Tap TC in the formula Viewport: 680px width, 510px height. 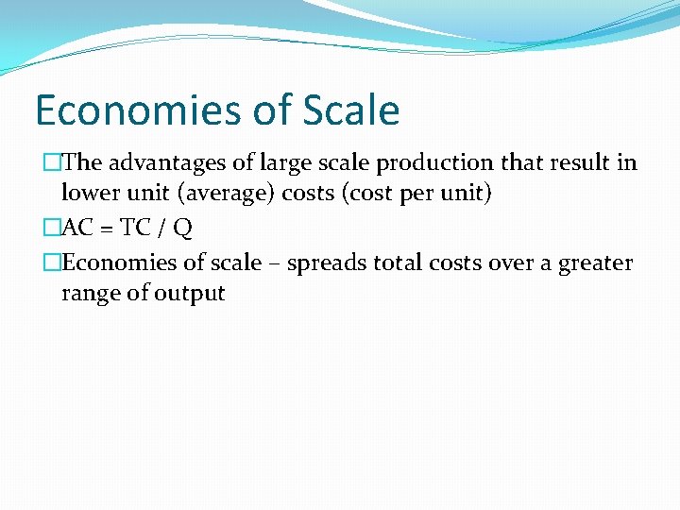tap(133, 229)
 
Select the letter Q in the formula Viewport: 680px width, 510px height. tap(183, 229)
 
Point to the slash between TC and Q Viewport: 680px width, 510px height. tap(160, 229)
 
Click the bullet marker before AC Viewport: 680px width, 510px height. tap(52, 229)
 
